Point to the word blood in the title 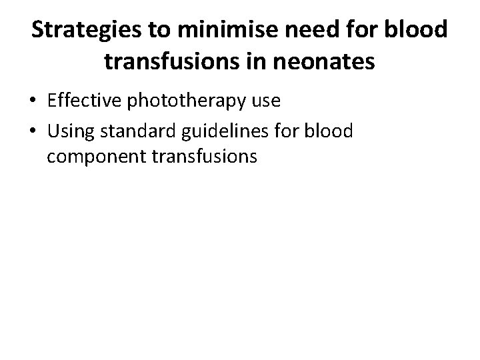click(422, 31)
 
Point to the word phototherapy click(185, 101)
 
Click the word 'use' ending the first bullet click(266, 101)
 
